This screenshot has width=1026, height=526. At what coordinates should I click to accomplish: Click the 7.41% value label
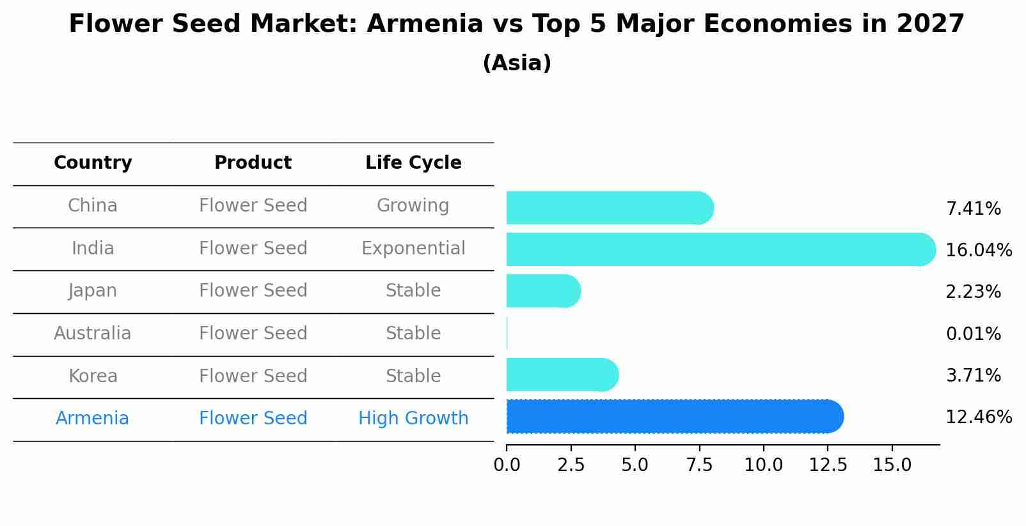pyautogui.click(x=973, y=209)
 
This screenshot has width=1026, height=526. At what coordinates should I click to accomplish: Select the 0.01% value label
pyautogui.click(x=973, y=334)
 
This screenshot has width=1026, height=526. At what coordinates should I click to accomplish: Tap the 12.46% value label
pyautogui.click(x=978, y=417)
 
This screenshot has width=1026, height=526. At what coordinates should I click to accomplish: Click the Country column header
pyautogui.click(x=93, y=163)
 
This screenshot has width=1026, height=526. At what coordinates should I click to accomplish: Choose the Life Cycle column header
pyautogui.click(x=413, y=163)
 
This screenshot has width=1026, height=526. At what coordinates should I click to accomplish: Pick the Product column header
pyautogui.click(x=253, y=163)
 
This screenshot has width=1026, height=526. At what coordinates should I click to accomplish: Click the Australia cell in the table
pyautogui.click(x=93, y=334)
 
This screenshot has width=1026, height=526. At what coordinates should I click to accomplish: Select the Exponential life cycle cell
pyautogui.click(x=413, y=249)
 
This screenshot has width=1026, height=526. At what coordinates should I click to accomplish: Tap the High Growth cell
pyautogui.click(x=413, y=419)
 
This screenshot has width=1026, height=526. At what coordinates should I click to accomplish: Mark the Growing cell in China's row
pyautogui.click(x=413, y=206)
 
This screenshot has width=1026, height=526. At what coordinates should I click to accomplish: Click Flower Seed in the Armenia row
pyautogui.click(x=253, y=419)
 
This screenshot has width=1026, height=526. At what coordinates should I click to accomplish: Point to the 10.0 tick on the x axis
pyautogui.click(x=763, y=465)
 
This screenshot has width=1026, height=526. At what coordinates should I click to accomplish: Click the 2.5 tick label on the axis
pyautogui.click(x=571, y=465)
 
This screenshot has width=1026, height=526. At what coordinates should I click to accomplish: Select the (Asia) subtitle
pyautogui.click(x=517, y=63)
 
